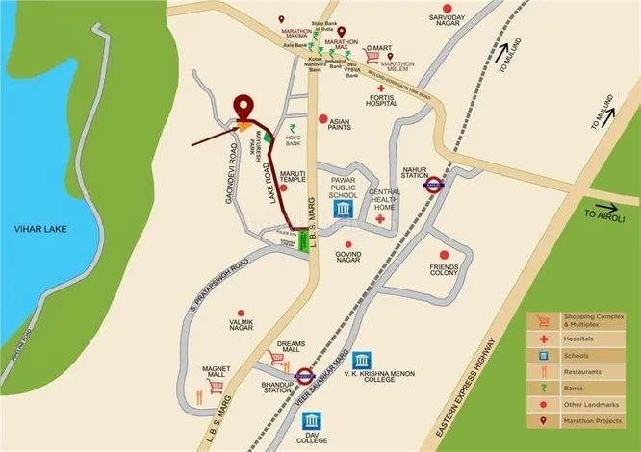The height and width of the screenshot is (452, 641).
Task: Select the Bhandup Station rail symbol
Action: click(304, 377)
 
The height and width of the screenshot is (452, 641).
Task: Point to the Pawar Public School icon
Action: click(342, 210)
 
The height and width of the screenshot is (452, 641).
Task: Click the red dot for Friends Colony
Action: click(444, 254)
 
